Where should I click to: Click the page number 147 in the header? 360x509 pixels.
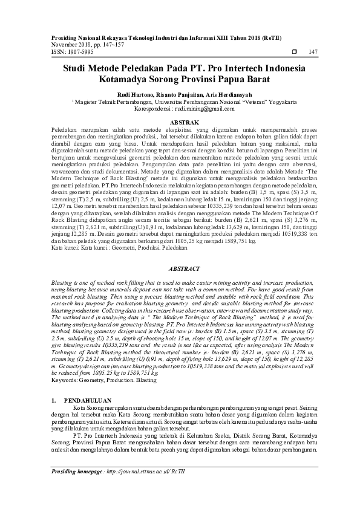(x=313, y=52)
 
